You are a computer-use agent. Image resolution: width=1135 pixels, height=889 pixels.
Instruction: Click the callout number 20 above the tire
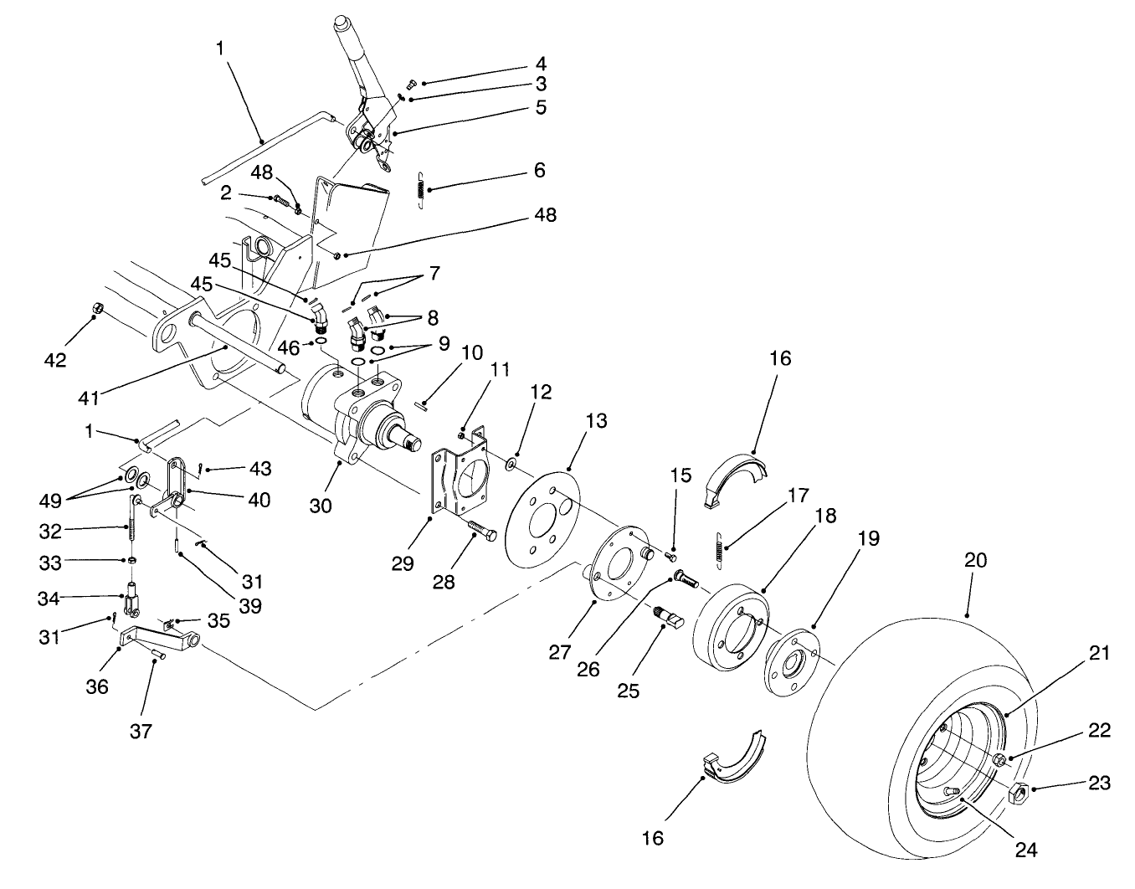975,561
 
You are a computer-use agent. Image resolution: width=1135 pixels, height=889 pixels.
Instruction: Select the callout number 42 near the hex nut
55,360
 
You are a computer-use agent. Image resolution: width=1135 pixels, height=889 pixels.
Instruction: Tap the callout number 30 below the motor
321,506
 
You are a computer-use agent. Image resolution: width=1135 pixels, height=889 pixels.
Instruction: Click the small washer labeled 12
510,461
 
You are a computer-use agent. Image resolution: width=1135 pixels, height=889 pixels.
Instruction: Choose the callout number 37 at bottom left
141,731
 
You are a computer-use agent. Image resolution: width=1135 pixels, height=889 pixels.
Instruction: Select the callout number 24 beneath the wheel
1026,850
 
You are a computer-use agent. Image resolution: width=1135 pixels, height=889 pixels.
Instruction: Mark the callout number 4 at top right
540,64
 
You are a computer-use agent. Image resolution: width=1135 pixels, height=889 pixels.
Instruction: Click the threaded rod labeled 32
133,528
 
